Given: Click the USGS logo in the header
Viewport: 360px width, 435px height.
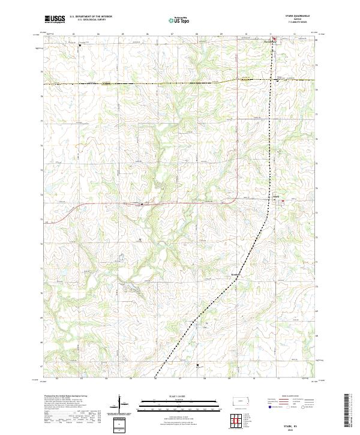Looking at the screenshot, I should (55, 20).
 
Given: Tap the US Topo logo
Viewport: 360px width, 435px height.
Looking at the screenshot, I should (180, 20).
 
